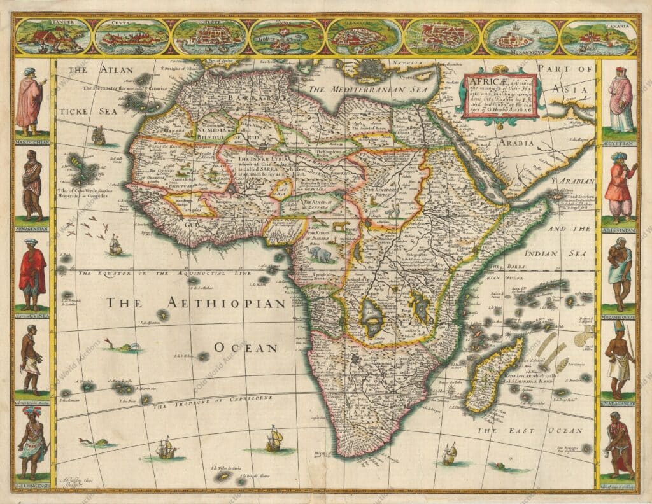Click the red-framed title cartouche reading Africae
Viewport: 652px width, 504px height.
500,96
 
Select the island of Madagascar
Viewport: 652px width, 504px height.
493,375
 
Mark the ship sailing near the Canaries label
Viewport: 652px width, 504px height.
99,135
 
